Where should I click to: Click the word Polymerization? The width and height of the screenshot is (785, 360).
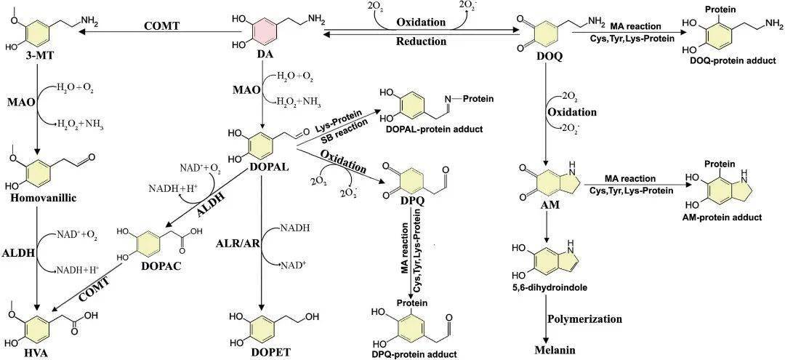pyautogui.click(x=584, y=319)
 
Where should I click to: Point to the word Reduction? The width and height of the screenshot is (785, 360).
pyautogui.click(x=421, y=41)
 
